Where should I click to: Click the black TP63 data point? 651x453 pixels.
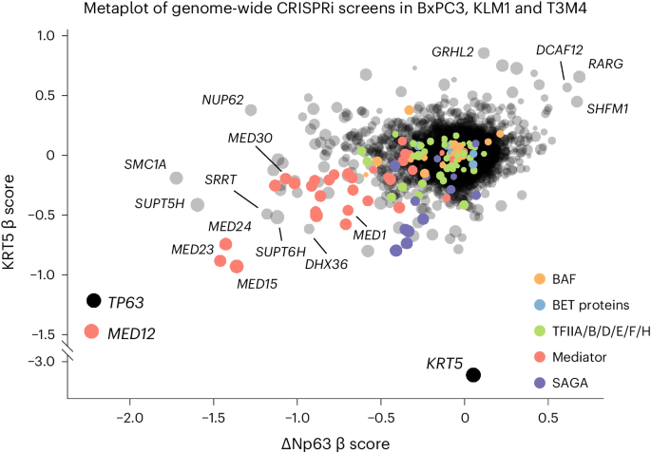tap(93, 300)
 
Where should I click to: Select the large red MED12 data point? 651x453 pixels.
tap(92, 331)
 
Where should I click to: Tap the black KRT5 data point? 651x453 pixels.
tap(473, 375)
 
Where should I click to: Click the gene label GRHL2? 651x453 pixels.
tap(452, 51)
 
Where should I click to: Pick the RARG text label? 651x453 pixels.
tap(606, 65)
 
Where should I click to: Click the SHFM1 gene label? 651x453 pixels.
tap(605, 109)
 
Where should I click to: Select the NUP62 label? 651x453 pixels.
tap(222, 100)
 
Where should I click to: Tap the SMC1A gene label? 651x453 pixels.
tap(145, 164)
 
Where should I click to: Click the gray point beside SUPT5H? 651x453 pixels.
tap(198, 204)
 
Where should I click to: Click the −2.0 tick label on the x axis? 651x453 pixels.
tap(128, 415)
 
